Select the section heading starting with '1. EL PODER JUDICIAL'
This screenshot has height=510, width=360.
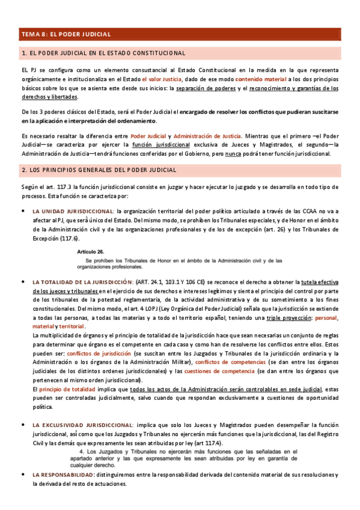point(103,54)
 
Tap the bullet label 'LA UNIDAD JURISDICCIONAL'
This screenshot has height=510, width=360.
point(73,211)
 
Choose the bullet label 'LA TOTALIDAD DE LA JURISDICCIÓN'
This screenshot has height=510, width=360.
point(82,282)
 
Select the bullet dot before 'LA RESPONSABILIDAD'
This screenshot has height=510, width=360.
point(23,475)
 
